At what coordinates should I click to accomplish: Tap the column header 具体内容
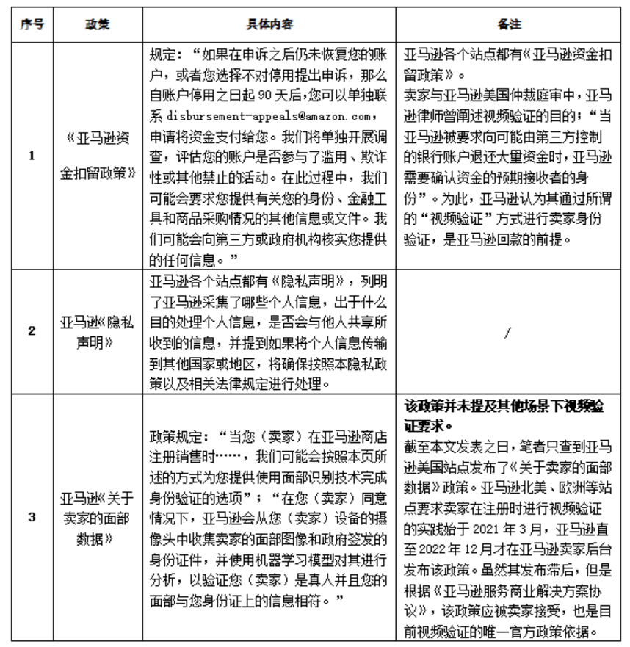(x=272, y=24)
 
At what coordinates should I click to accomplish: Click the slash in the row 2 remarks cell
(x=509, y=331)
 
